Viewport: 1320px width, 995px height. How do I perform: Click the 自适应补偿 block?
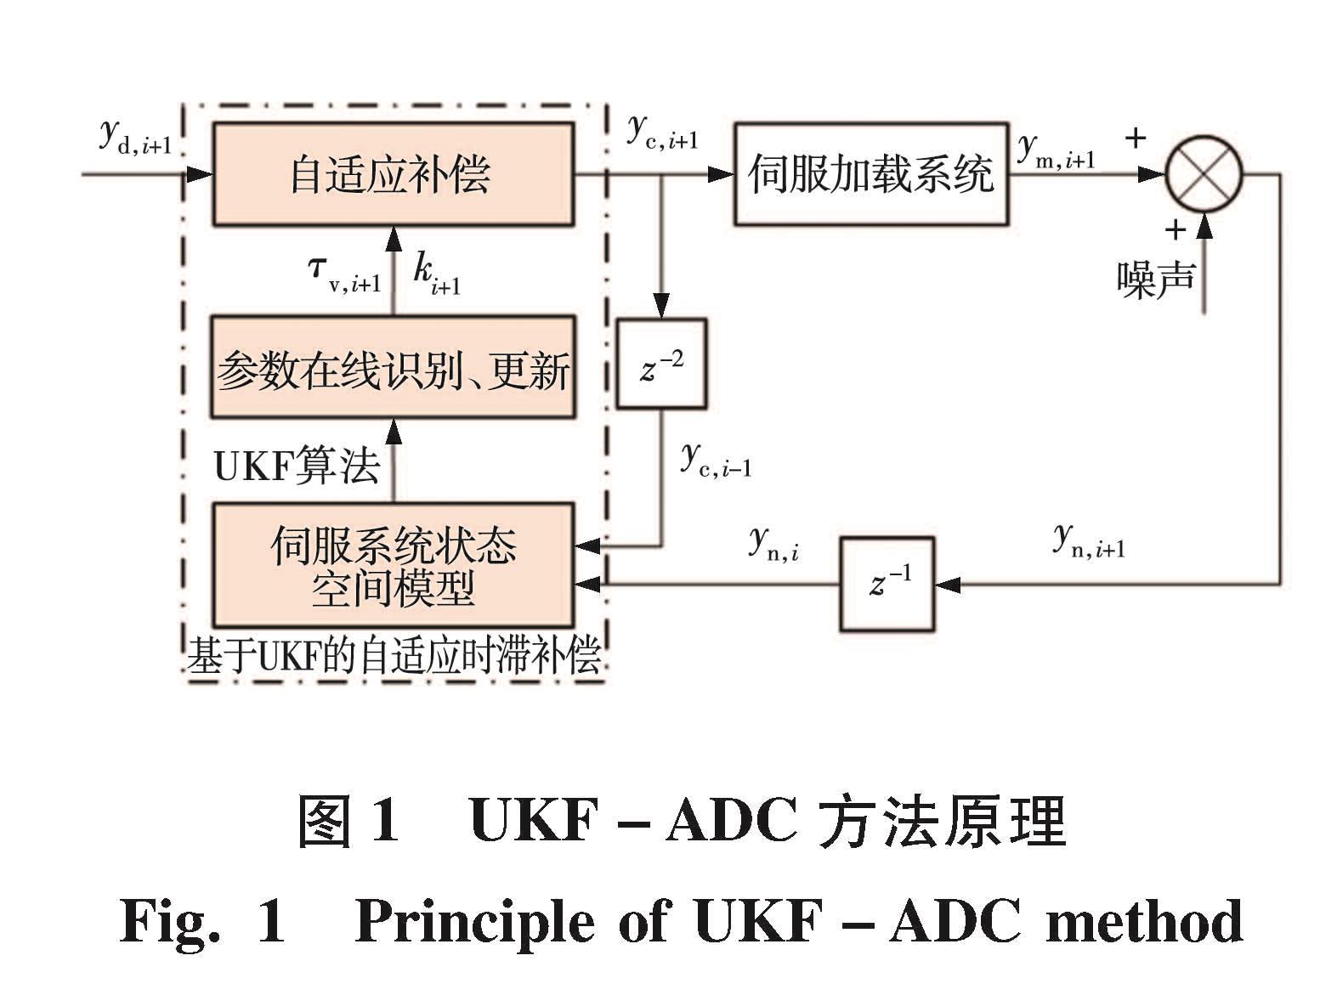click(392, 174)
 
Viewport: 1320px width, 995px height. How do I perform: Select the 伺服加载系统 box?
click(871, 174)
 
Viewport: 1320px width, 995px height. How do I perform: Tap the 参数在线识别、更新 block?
click(392, 367)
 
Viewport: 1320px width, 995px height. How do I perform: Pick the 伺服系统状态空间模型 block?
click(392, 565)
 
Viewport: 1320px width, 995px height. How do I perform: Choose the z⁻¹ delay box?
click(887, 584)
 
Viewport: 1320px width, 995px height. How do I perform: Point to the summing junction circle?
click(1204, 175)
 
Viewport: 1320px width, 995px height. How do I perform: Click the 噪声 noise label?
click(1155, 278)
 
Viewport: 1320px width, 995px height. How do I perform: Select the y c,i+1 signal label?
click(662, 132)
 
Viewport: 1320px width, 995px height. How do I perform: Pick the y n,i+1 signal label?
click(1089, 540)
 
